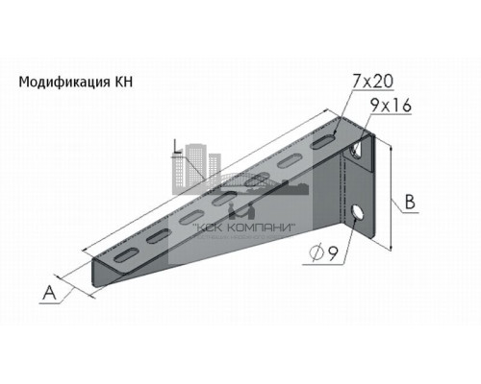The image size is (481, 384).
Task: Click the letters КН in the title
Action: [x=123, y=83]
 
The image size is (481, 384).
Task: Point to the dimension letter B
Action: [x=410, y=203]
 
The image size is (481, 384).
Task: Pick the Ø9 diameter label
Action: [x=322, y=254]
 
